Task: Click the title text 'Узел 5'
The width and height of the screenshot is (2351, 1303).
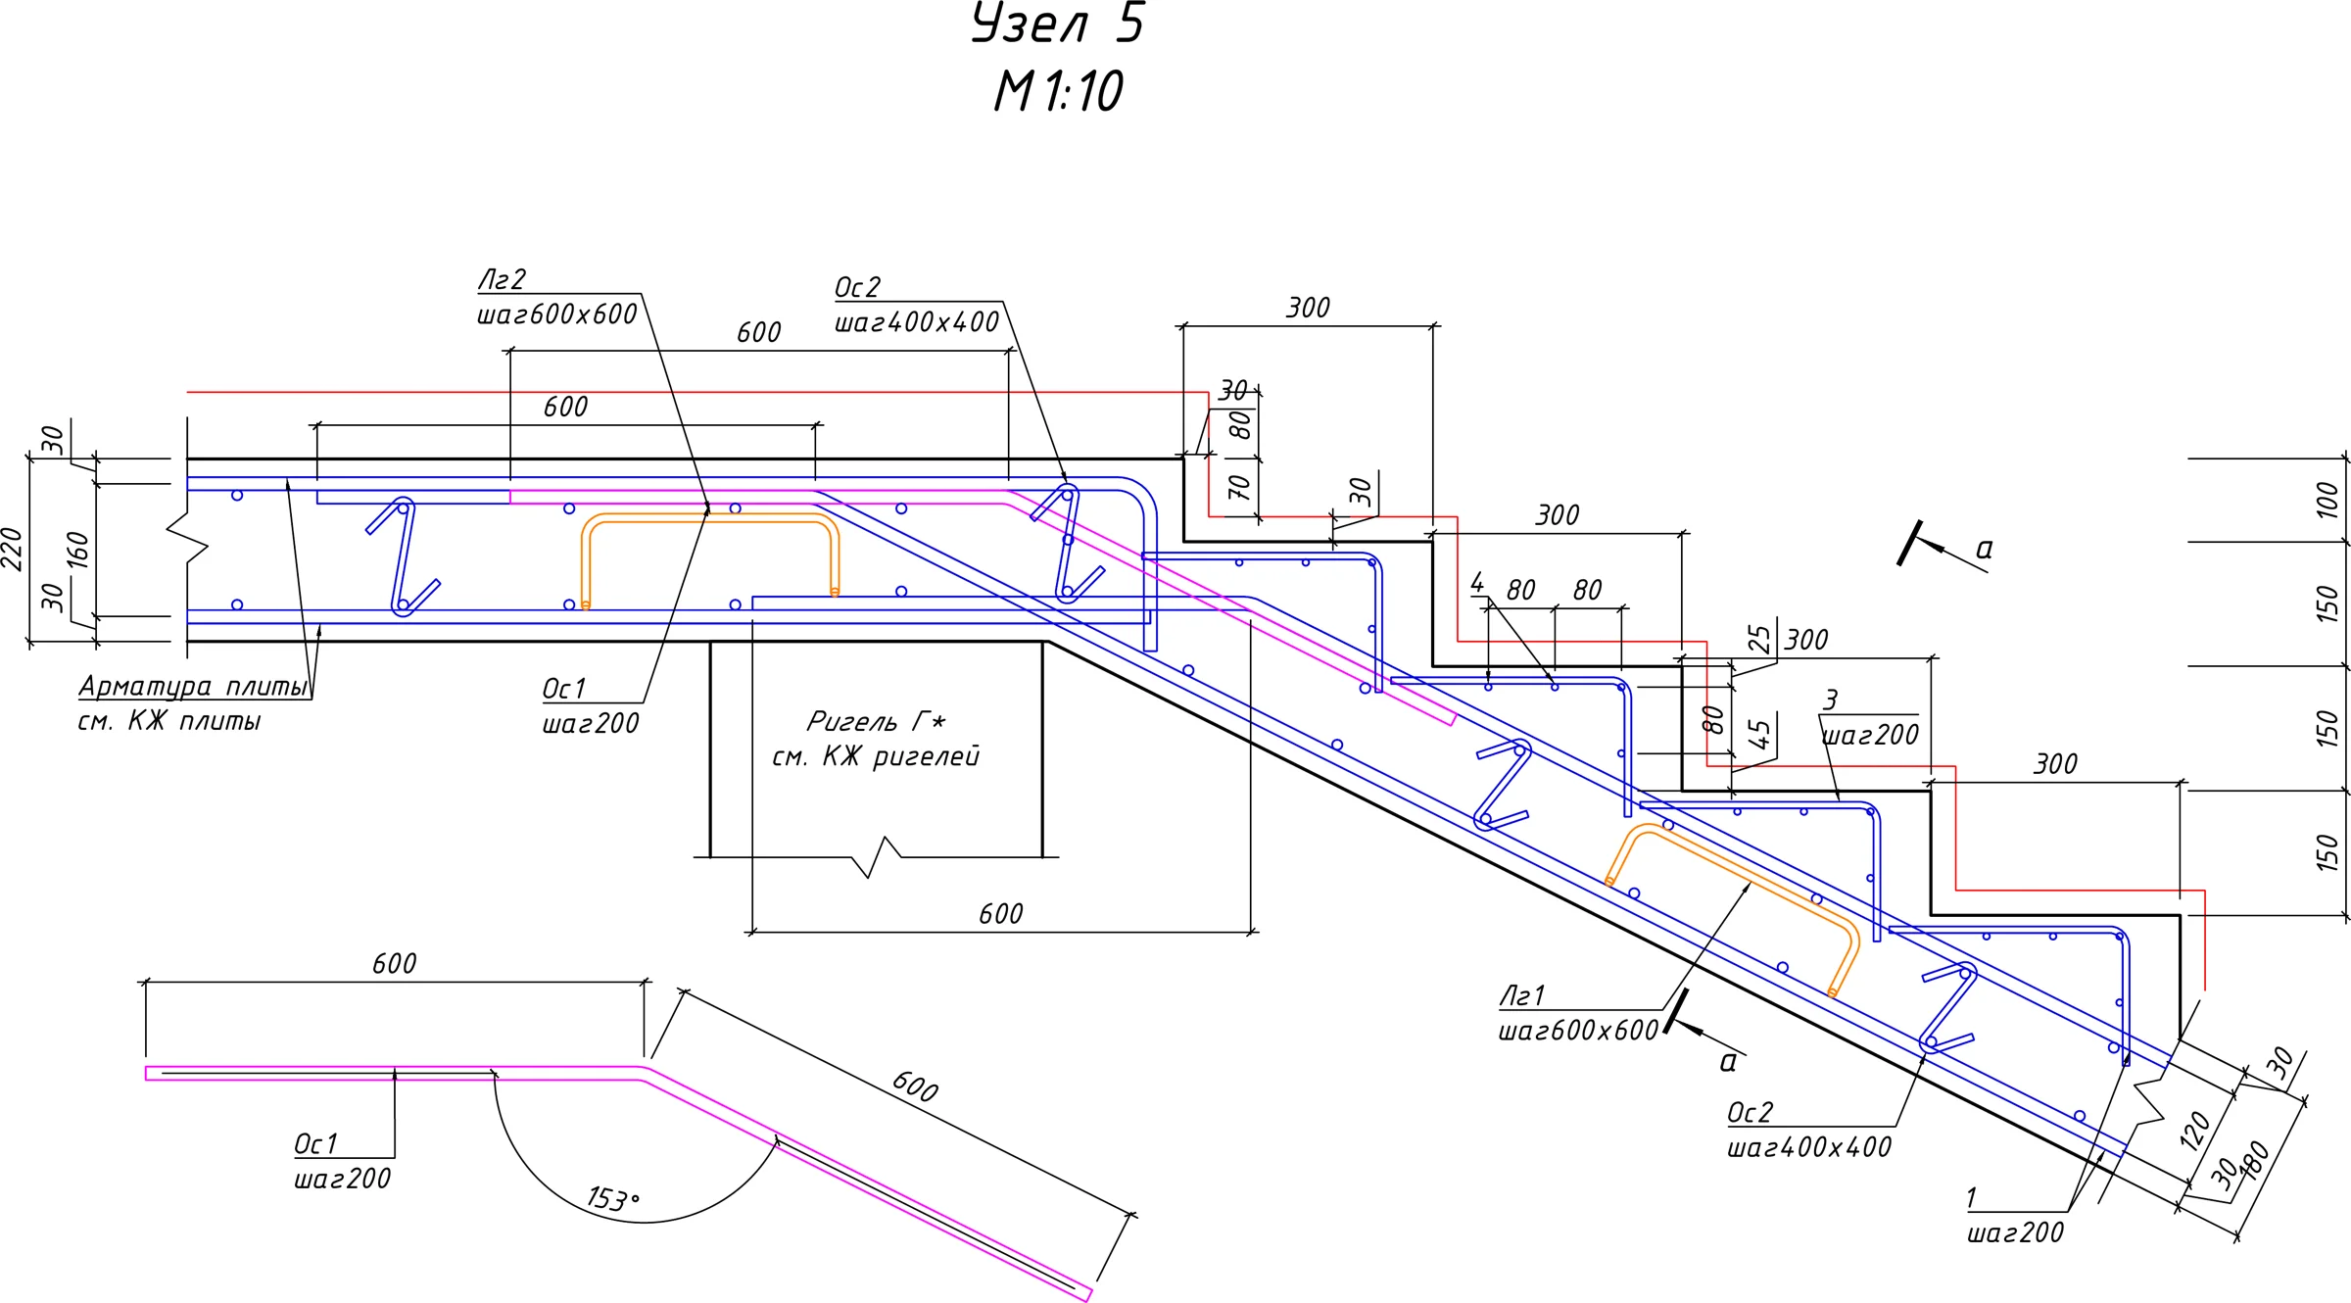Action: click(x=1058, y=23)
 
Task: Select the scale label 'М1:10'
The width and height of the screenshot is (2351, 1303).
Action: click(x=1058, y=91)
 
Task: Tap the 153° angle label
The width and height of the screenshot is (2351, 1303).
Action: click(x=613, y=1198)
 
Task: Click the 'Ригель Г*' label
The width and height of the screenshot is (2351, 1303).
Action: click(x=876, y=721)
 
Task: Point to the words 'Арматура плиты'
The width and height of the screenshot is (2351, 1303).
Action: click(x=193, y=686)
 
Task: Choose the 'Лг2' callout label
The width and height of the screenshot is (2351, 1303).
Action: click(x=502, y=279)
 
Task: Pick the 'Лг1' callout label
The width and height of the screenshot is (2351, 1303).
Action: click(x=1522, y=995)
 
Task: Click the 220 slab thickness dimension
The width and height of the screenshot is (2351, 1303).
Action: click(x=12, y=549)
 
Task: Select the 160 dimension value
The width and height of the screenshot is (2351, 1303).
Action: click(x=77, y=550)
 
